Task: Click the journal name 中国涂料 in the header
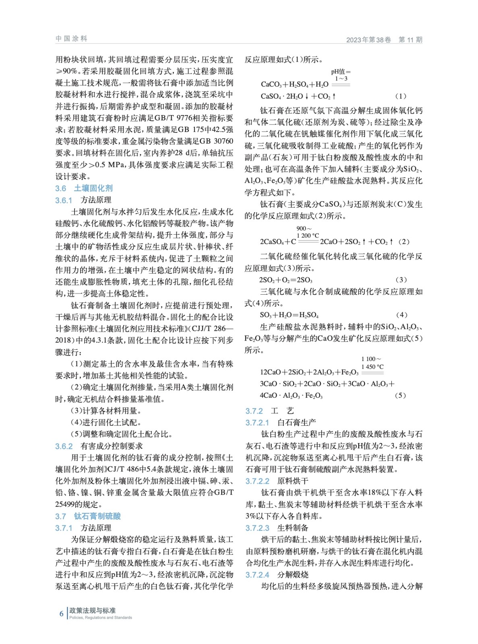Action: [71, 39]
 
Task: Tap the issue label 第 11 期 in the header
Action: [410, 39]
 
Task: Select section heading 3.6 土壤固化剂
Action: [84, 188]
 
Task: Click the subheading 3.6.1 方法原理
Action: [83, 200]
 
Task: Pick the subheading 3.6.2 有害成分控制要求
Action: [99, 446]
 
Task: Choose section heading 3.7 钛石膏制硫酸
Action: [88, 516]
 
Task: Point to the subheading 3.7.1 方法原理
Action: [83, 528]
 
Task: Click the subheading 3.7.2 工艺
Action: [270, 411]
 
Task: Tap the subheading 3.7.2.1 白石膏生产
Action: [281, 422]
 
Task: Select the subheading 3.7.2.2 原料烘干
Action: [277, 481]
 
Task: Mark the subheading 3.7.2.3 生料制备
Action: [277, 528]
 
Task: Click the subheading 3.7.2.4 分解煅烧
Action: [277, 574]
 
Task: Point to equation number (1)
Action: [401, 96]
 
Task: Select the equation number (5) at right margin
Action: [400, 395]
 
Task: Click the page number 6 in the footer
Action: [61, 613]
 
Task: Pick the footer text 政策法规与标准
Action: [92, 611]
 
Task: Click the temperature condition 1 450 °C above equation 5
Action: [372, 367]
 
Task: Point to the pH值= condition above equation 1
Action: [341, 72]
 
